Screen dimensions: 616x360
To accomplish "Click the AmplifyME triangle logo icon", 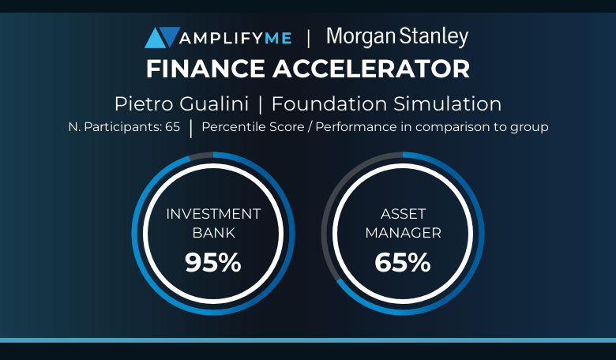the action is point(162,37).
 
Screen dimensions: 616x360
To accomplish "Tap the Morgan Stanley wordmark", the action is point(397,37).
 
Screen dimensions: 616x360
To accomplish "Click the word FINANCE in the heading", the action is point(205,69).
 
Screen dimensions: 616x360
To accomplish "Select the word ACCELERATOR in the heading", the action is point(371,69).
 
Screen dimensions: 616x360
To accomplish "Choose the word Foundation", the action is point(329,104).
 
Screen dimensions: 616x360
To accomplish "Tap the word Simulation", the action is point(448,104).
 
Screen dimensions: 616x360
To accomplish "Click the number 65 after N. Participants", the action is point(172,127).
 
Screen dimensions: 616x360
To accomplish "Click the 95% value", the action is point(213,262).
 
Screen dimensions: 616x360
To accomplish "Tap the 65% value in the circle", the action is point(402,262).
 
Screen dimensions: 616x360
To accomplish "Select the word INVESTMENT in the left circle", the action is point(213,214).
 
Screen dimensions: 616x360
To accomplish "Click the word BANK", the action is point(214,233).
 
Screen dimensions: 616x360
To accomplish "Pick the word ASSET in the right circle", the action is point(403,214).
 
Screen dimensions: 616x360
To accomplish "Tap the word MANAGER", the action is point(403,233).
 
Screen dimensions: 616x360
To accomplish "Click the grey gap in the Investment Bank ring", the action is point(201,156).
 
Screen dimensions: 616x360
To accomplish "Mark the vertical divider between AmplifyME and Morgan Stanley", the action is point(308,39).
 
